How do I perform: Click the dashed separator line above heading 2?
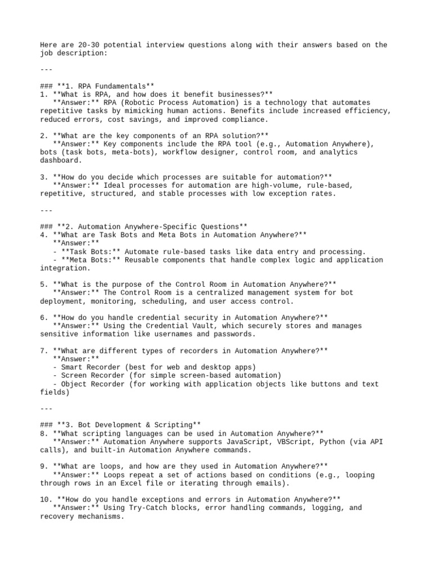(47, 210)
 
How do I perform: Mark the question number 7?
(43, 350)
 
